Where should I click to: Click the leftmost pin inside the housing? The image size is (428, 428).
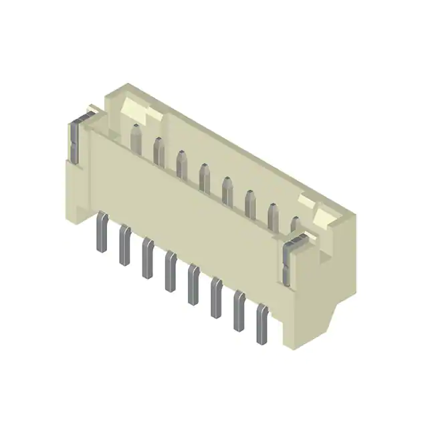135,136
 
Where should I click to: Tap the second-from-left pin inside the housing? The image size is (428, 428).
158,151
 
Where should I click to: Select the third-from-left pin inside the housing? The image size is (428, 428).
181,165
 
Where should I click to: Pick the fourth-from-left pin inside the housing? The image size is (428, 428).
205,178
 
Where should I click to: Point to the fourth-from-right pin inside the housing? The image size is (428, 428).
227,191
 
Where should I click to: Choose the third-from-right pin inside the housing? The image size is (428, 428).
250,204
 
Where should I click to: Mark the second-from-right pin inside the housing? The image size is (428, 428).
273,217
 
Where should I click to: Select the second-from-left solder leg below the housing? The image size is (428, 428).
124,245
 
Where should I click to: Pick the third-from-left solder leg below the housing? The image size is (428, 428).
147,259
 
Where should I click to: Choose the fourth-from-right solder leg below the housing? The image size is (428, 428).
193,285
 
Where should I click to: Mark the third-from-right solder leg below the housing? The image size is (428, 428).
216,298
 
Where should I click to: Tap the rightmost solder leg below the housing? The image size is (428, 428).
261,325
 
